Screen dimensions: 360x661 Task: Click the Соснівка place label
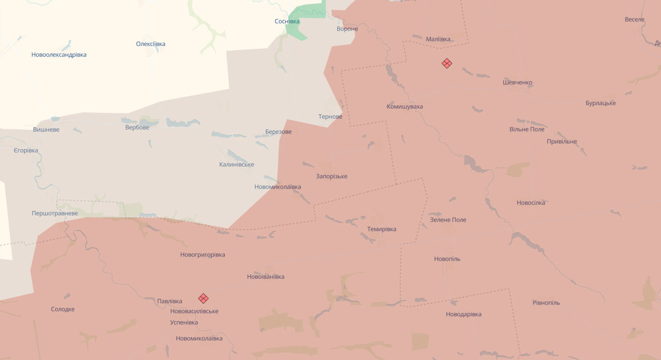[x=287, y=21]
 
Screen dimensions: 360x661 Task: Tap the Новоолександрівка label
[x=59, y=55]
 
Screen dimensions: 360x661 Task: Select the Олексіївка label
[x=151, y=44]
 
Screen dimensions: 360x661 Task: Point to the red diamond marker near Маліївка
[x=447, y=63]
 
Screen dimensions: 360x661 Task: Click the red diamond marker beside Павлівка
[x=203, y=298]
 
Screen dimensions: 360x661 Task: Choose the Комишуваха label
[x=405, y=107]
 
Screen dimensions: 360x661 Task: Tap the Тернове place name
[x=330, y=117]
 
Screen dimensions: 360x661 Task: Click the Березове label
[x=278, y=132]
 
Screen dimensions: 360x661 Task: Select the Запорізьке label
[x=331, y=176]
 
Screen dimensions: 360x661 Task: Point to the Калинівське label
[x=237, y=165]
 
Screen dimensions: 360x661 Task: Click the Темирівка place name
[x=381, y=229]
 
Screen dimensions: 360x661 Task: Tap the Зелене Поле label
[x=448, y=220]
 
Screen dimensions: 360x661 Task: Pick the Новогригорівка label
[x=202, y=255]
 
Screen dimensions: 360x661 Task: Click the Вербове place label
[x=137, y=127]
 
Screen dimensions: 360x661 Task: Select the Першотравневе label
[x=55, y=213]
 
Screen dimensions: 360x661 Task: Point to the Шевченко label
[x=517, y=83]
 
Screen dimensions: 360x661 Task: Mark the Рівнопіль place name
[x=546, y=303]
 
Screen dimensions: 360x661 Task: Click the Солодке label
[x=63, y=309]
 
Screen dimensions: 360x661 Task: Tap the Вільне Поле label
[x=527, y=129]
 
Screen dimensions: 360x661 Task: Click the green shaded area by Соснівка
[x=308, y=13]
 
